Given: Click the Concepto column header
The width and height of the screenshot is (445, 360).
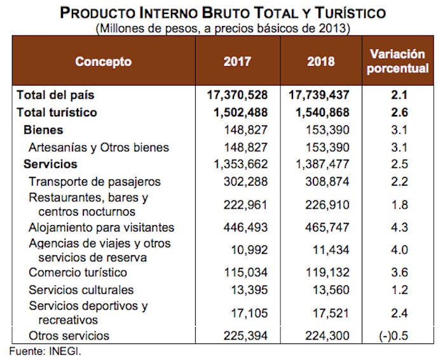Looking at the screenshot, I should (x=103, y=62).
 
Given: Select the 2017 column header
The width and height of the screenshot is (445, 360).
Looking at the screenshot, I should (x=237, y=62).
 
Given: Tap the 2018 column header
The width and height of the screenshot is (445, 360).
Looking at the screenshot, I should (x=320, y=62).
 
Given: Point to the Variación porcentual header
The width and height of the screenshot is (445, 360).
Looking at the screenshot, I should (x=399, y=62).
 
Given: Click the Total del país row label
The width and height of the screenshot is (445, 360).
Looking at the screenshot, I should (x=55, y=96).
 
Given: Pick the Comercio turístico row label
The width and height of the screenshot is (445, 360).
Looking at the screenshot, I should (x=78, y=273).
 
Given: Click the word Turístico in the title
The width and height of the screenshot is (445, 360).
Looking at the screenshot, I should (x=339, y=13).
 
